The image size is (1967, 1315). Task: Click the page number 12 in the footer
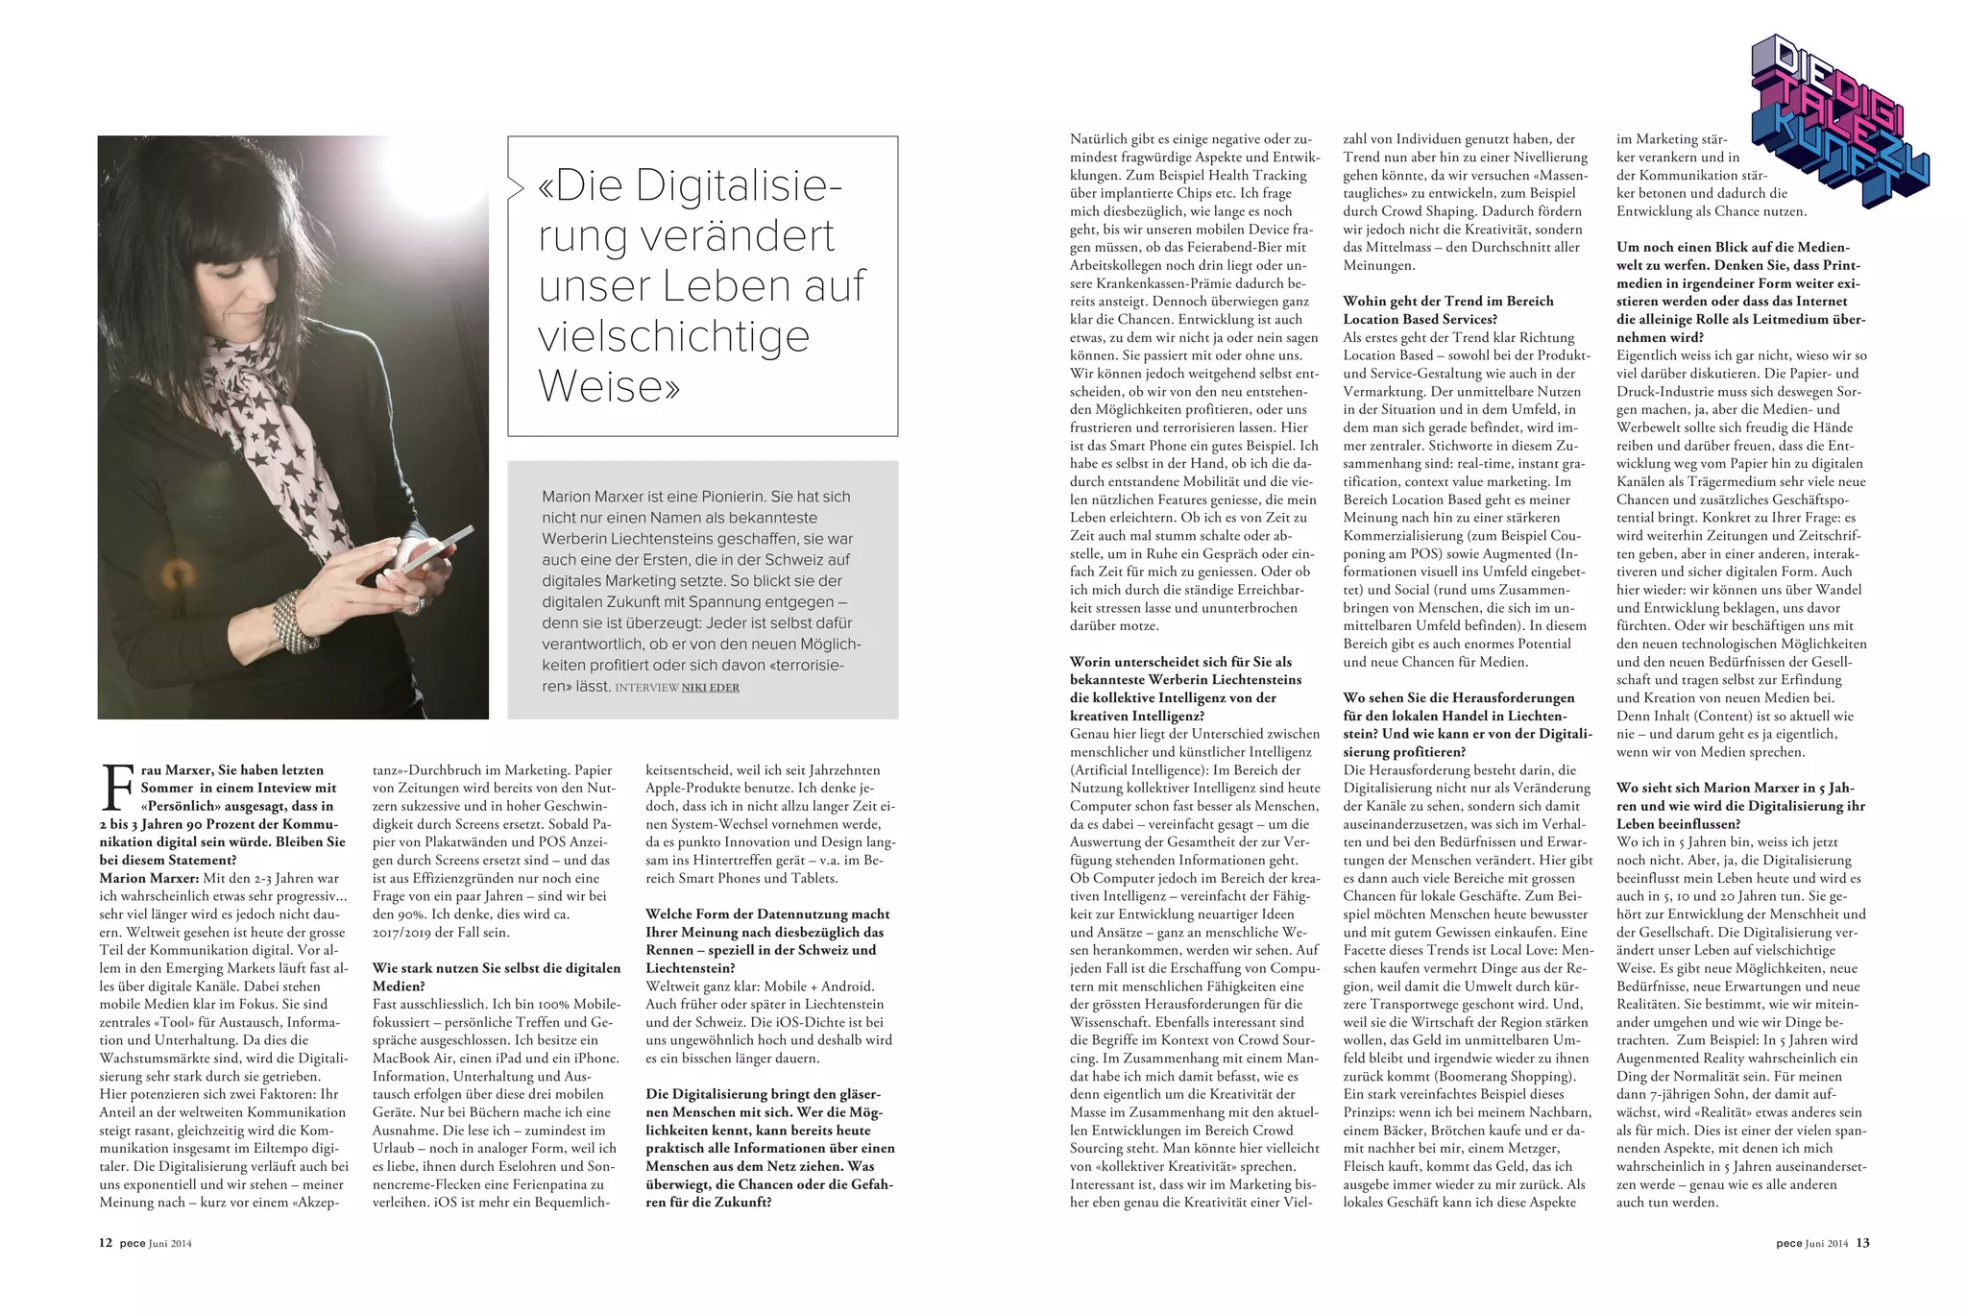[106, 1243]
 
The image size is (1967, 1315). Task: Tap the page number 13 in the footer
[1862, 1243]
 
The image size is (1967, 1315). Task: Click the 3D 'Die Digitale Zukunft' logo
[1838, 119]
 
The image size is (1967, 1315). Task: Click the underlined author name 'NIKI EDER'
[710, 688]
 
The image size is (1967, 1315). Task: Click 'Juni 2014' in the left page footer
[170, 1244]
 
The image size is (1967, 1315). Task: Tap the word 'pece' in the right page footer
[1788, 1244]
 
